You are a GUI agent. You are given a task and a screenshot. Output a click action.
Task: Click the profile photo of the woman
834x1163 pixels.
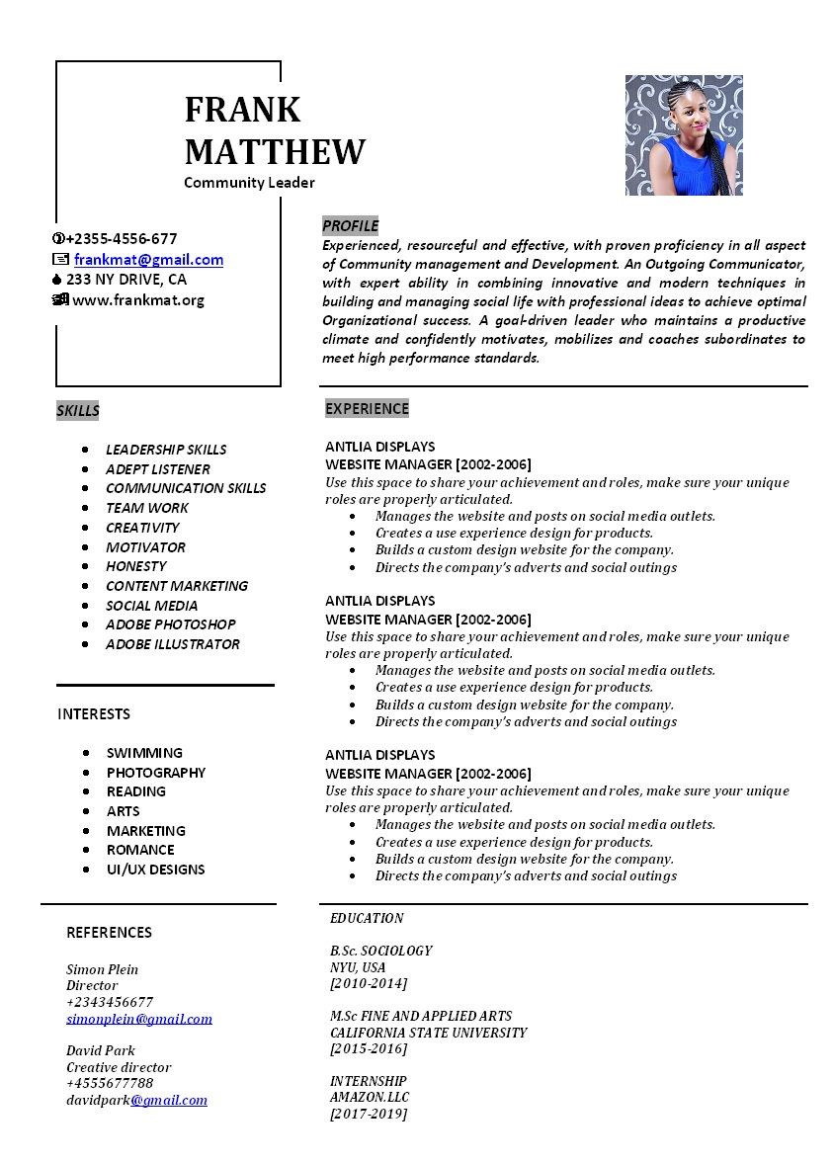pos(684,135)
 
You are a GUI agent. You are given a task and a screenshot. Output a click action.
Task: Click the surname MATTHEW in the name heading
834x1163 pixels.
pos(275,152)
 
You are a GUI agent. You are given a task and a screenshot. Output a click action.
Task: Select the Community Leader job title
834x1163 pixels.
pos(249,183)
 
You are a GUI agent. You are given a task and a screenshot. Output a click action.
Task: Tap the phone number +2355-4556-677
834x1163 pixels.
pos(122,239)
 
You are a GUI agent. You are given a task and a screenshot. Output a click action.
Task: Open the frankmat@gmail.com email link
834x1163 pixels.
pos(148,260)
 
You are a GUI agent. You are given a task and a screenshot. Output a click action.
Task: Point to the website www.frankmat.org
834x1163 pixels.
pos(138,300)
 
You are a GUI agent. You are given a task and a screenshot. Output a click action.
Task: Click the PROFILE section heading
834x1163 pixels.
pos(350,226)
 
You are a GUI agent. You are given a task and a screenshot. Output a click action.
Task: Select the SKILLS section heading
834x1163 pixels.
pos(78,411)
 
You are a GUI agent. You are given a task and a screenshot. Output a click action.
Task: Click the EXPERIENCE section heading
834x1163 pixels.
pos(367,409)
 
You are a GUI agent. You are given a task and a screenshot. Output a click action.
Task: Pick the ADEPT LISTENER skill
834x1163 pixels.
pos(158,469)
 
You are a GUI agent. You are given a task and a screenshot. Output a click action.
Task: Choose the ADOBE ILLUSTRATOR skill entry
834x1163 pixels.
pos(173,644)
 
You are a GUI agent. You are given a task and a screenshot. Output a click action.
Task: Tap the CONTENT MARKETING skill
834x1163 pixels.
pos(177,586)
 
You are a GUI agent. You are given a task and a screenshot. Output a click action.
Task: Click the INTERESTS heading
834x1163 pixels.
pos(94,714)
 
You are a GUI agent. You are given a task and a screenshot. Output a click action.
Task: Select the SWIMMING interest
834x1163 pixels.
pos(144,753)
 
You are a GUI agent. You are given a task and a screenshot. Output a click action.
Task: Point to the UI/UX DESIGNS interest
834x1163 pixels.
pos(156,870)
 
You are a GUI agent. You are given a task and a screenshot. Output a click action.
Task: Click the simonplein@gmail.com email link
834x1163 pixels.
pos(139,1019)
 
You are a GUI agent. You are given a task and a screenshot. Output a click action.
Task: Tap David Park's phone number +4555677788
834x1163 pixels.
pos(110,1084)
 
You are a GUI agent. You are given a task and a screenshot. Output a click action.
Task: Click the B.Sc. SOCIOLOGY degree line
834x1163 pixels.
pos(381,952)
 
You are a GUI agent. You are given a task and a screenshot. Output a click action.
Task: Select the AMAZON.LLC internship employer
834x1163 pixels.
pos(370,1098)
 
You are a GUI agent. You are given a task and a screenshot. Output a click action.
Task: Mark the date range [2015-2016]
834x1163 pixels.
pos(369,1049)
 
